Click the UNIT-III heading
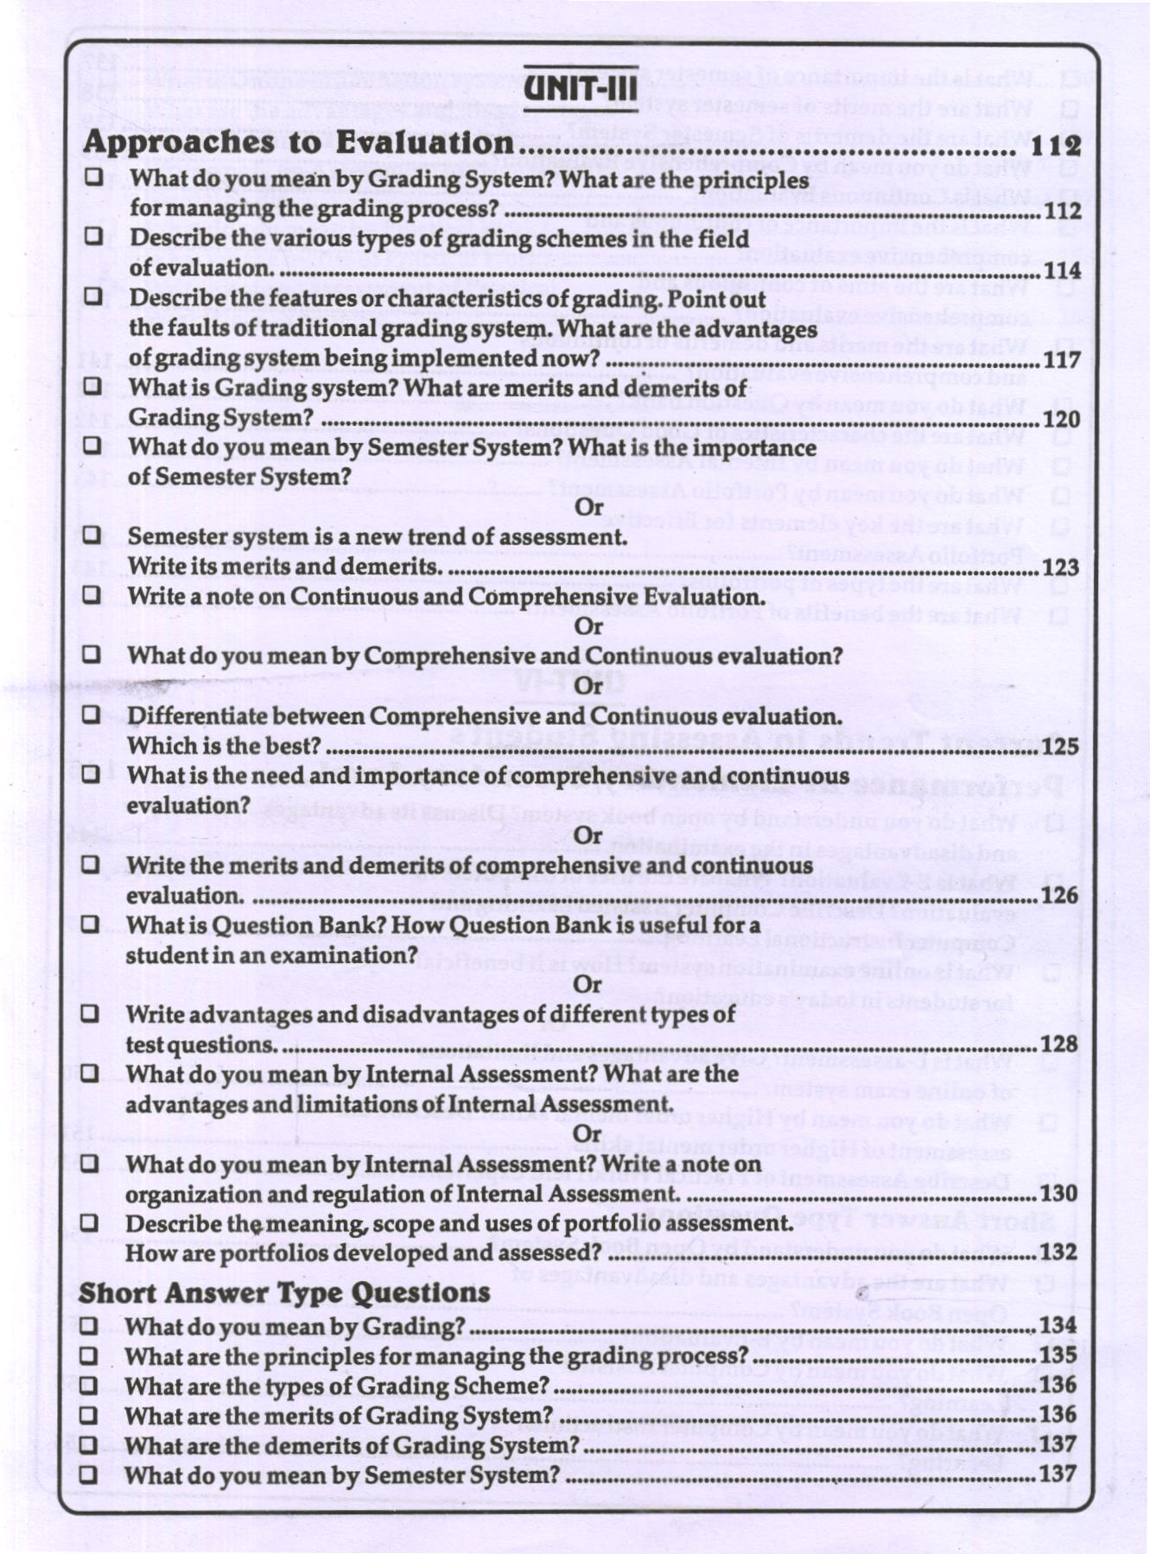pyautogui.click(x=581, y=88)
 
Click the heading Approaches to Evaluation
pyautogui.click(x=298, y=143)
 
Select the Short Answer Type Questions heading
pyautogui.click(x=284, y=1292)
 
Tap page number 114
pyautogui.click(x=1062, y=271)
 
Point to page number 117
pyautogui.click(x=1062, y=360)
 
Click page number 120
pyautogui.click(x=1062, y=420)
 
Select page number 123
pyautogui.click(x=1061, y=568)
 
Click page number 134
pyautogui.click(x=1058, y=1326)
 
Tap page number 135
pyautogui.click(x=1058, y=1355)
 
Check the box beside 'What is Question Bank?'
pyautogui.click(x=90, y=924)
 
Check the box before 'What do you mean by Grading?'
pyautogui.click(x=88, y=1326)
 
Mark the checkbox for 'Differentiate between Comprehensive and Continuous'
pyautogui.click(x=91, y=715)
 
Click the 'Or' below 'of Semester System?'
pyautogui.click(x=589, y=507)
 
